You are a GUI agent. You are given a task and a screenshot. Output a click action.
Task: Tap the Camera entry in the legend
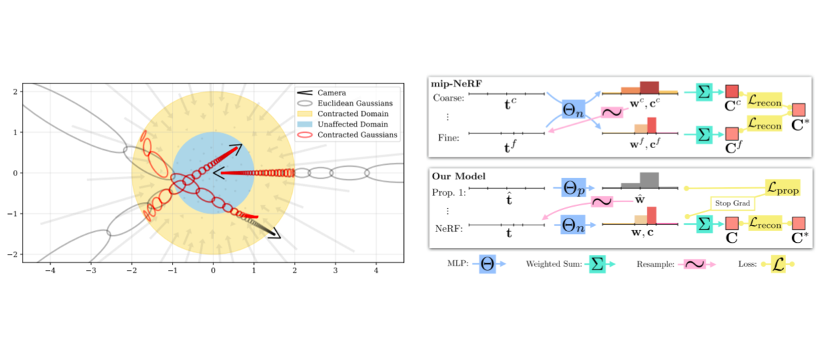(x=331, y=93)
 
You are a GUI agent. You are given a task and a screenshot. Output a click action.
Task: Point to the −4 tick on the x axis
(x=49, y=271)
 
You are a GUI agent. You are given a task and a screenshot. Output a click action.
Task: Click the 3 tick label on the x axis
(x=335, y=271)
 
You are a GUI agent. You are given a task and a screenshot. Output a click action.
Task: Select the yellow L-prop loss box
(x=781, y=189)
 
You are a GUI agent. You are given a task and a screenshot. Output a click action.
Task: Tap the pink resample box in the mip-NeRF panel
(x=612, y=112)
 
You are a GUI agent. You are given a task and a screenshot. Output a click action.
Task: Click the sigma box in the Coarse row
(x=704, y=91)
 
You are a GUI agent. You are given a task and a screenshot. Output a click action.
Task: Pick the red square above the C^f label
(x=731, y=135)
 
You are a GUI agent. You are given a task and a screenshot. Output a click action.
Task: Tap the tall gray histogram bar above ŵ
(x=649, y=180)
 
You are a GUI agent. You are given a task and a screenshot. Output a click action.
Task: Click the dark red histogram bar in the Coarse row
(x=649, y=87)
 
